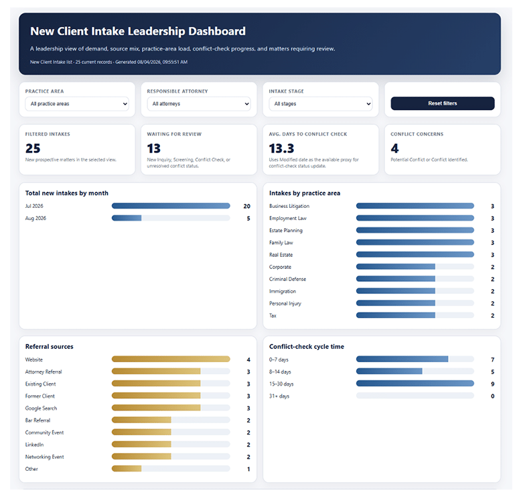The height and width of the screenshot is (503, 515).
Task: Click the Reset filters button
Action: coord(443,103)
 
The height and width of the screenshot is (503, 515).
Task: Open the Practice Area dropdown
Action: coord(77,104)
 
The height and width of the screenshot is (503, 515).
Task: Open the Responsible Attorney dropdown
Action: coord(199,104)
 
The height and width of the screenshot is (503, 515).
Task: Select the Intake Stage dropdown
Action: coord(321,104)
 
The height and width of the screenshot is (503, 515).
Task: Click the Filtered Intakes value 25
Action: coord(33,148)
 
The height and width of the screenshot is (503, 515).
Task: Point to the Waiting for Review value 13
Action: coord(154,148)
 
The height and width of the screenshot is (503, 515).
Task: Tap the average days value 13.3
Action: coord(281,148)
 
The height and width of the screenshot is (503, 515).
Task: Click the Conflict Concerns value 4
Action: coord(394,148)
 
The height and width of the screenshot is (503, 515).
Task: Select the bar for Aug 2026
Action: coord(127,218)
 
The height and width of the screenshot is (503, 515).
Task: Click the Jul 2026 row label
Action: coord(34,206)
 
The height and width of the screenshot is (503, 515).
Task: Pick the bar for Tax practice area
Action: coord(396,315)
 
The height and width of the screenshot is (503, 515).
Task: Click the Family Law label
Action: coord(281,243)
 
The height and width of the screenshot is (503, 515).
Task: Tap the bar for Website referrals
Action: coord(171,359)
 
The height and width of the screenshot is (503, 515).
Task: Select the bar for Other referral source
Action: coord(127,468)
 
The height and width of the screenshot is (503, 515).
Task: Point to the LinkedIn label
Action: coord(34,445)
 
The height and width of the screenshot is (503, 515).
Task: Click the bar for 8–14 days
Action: coord(389,371)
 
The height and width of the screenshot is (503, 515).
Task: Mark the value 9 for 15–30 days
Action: coord(492,384)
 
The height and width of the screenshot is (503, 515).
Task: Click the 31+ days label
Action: coord(279,396)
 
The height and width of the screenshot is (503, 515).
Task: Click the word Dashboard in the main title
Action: coord(217,32)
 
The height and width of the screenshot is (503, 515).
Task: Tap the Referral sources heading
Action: coord(50,347)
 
